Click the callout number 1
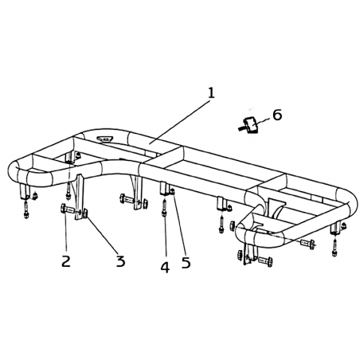(211, 93)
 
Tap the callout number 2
(66, 261)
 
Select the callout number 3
(120, 261)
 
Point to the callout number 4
(165, 268)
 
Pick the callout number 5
(186, 262)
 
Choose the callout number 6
(277, 115)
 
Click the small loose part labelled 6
(248, 125)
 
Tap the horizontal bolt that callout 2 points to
(68, 209)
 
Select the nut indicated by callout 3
(85, 213)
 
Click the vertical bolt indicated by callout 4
(164, 208)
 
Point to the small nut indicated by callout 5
(172, 190)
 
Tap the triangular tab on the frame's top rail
(105, 139)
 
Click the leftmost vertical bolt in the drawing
(25, 209)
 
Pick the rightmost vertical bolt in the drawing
(335, 248)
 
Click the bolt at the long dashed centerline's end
(307, 244)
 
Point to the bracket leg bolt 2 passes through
(79, 197)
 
